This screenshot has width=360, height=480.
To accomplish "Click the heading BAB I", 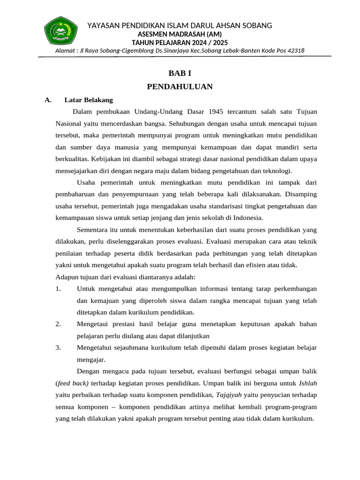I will tap(180, 74).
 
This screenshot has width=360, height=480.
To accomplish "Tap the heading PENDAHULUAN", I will tap(180, 87).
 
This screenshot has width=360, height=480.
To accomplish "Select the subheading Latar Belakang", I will tap(89, 100).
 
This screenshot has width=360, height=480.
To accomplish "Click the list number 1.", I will tap(58, 288).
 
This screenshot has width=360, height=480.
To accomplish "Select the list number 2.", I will tap(58, 324).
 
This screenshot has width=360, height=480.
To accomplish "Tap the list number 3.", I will tap(58, 348).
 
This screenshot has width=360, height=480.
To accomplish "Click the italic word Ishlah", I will tap(307, 383).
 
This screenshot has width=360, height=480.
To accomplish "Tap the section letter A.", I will tap(47, 100).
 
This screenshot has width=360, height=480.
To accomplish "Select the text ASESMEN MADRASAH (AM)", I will tap(180, 34).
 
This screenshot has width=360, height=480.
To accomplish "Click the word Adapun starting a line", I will tap(68, 277).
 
